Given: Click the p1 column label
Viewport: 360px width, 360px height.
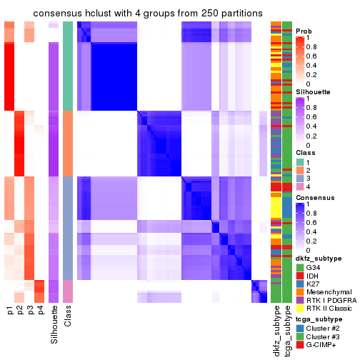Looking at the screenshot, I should [x=10, y=312].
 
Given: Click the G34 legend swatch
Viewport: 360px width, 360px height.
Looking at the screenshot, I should [x=300, y=268].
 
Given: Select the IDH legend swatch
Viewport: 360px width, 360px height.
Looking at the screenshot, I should [x=300, y=277].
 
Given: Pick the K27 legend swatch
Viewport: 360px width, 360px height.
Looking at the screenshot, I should [x=300, y=286].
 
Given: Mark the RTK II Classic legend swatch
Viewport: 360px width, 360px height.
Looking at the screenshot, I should [x=300, y=314].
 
